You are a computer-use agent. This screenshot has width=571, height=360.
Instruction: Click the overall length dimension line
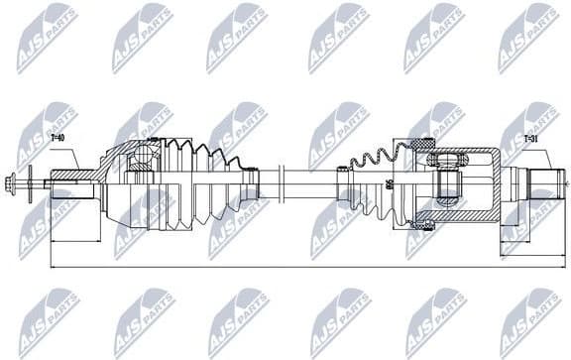point(297,267)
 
